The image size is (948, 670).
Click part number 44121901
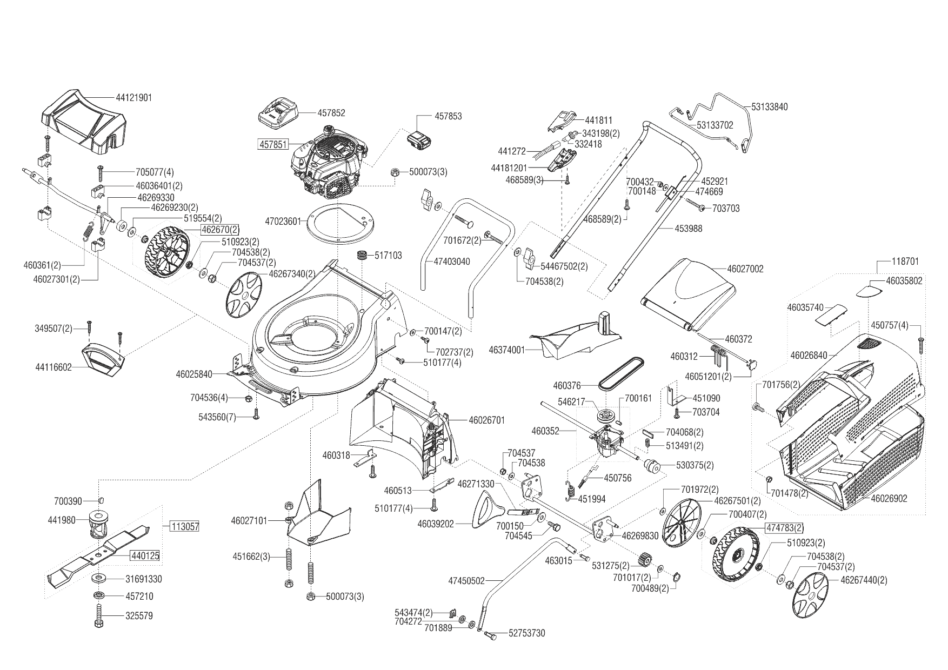133,98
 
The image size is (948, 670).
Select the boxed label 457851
273,144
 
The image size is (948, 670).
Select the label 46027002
745,269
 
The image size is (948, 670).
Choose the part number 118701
905,262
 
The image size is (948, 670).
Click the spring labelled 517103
362,255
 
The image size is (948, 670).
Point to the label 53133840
769,107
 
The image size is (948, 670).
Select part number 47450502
466,581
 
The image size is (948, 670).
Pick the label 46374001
506,350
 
